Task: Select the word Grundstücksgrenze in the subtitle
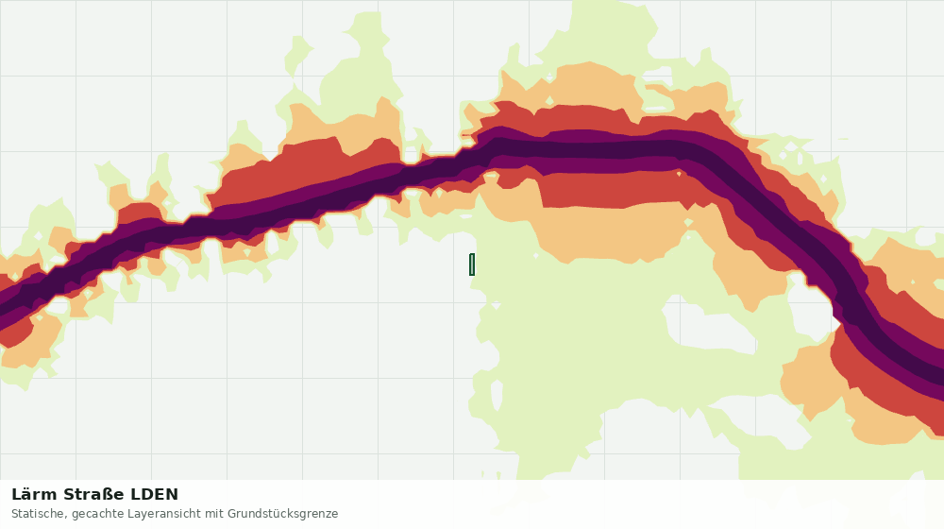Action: (283, 515)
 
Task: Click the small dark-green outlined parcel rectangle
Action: (472, 264)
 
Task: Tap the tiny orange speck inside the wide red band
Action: (679, 174)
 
